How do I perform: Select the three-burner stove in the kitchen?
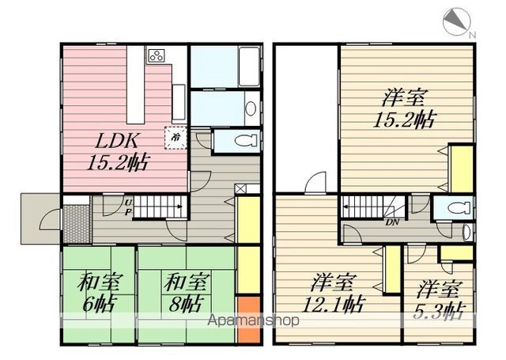point(157,56)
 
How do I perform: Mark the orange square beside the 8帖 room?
point(247,319)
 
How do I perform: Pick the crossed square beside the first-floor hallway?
point(240,188)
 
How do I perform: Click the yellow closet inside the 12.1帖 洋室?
point(390,272)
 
